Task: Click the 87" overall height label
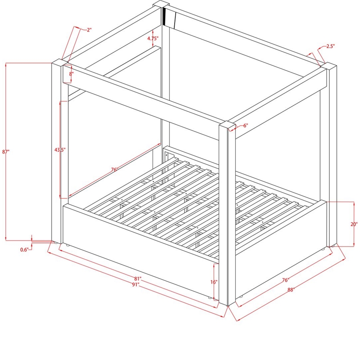tap(6, 152)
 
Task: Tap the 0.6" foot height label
tap(24, 250)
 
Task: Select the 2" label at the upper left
tap(89, 30)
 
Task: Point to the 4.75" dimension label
tap(153, 38)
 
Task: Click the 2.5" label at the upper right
tap(330, 46)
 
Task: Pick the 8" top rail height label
tap(71, 74)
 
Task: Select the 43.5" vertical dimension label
tap(60, 150)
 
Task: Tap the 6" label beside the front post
tap(246, 126)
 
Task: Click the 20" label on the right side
tap(354, 224)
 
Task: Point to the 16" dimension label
tap(213, 282)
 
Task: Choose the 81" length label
tap(138, 279)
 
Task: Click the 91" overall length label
tap(136, 284)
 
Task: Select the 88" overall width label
tap(291, 290)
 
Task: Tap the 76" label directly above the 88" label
tap(285, 280)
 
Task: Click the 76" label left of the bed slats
tap(114, 170)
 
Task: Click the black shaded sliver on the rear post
tap(164, 16)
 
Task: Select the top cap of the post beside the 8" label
tap(60, 62)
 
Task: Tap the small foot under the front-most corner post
tap(228, 306)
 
